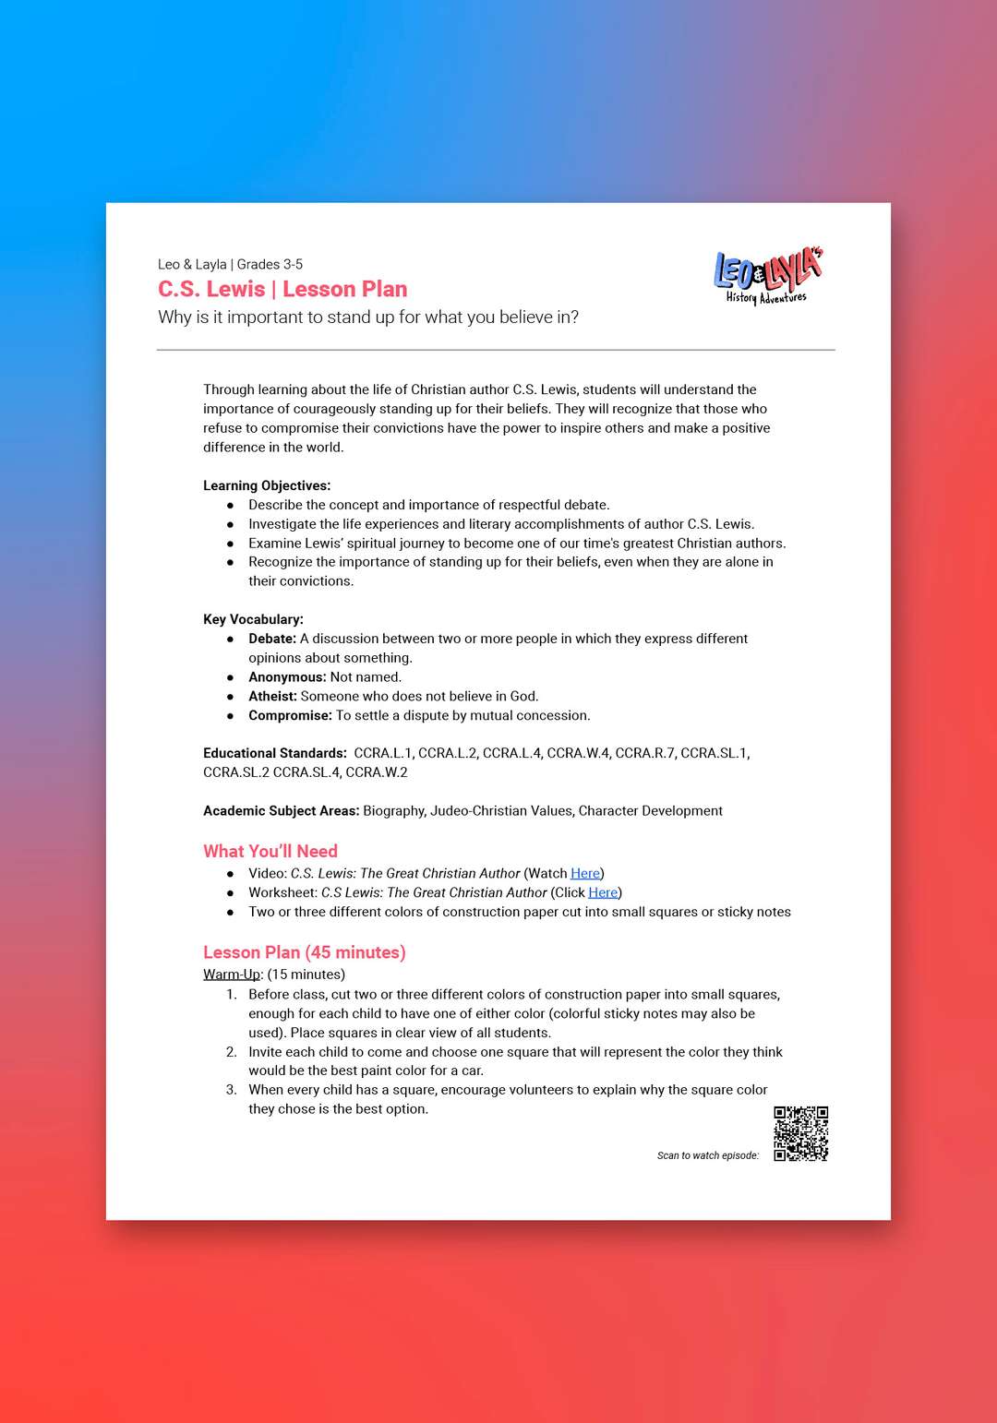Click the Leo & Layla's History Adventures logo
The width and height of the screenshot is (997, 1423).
click(x=768, y=275)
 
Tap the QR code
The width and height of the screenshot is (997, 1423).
click(x=800, y=1133)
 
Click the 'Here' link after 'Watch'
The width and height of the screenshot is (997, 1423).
click(x=585, y=873)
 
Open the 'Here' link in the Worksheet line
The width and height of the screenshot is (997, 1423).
click(x=603, y=892)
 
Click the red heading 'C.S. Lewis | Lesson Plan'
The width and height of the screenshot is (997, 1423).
click(x=282, y=289)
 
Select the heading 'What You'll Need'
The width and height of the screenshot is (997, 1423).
click(x=270, y=851)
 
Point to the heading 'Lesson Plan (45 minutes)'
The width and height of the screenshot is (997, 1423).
click(x=305, y=952)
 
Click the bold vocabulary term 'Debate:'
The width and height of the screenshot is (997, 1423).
click(x=272, y=639)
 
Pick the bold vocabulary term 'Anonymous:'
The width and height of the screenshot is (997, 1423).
click(x=287, y=677)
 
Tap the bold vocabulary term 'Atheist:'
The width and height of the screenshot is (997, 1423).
click(x=272, y=697)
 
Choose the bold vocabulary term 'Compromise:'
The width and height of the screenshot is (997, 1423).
click(x=290, y=715)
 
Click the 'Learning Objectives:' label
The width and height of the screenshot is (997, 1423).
click(x=267, y=485)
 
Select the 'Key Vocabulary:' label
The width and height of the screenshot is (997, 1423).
click(x=253, y=619)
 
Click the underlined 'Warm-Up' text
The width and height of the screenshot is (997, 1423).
click(x=232, y=975)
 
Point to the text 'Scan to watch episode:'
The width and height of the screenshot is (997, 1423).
click(x=708, y=1155)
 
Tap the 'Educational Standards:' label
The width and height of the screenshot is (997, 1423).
click(x=275, y=753)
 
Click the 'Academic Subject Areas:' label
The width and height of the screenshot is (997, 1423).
click(x=281, y=811)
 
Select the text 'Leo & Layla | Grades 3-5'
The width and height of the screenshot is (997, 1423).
click(x=230, y=264)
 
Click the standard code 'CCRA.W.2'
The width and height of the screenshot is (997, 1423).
click(x=377, y=772)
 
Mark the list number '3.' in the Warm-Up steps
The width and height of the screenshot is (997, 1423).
click(x=232, y=1090)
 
